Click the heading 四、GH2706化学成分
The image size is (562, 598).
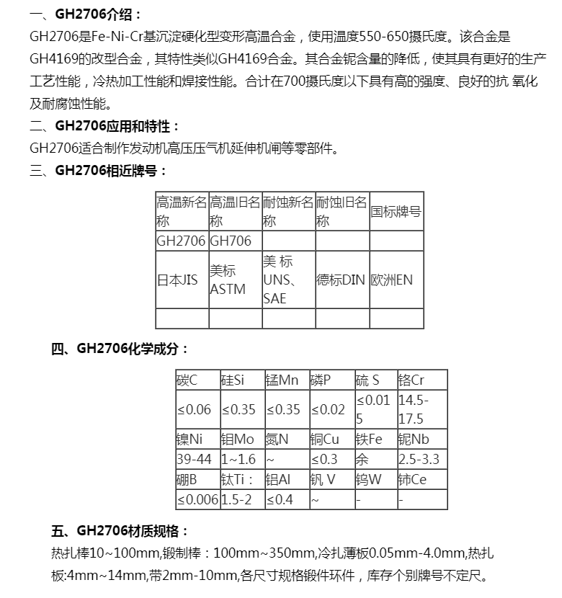pos(119,349)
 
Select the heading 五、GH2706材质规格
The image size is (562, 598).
pos(119,531)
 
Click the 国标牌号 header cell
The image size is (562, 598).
pos(396,212)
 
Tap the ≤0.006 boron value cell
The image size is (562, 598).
pos(197,499)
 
